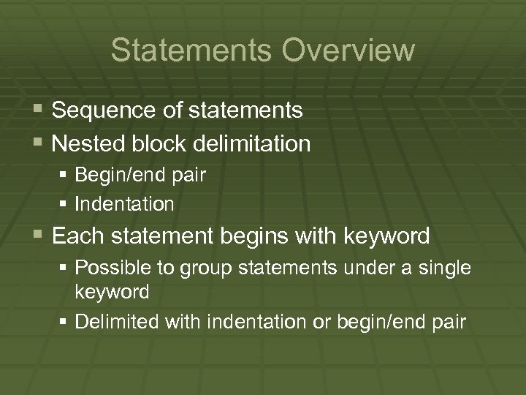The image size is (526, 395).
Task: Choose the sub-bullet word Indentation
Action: pyautogui.click(x=125, y=204)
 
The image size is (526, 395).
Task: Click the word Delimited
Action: pyautogui.click(x=113, y=321)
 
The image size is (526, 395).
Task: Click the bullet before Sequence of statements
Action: pyautogui.click(x=39, y=110)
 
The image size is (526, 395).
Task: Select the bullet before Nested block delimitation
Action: pyautogui.click(x=39, y=143)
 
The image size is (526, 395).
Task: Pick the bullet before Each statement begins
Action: pyautogui.click(x=39, y=236)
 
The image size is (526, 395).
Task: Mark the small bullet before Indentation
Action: pyautogui.click(x=66, y=204)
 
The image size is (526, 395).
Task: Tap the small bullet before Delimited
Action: pyautogui.click(x=66, y=321)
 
